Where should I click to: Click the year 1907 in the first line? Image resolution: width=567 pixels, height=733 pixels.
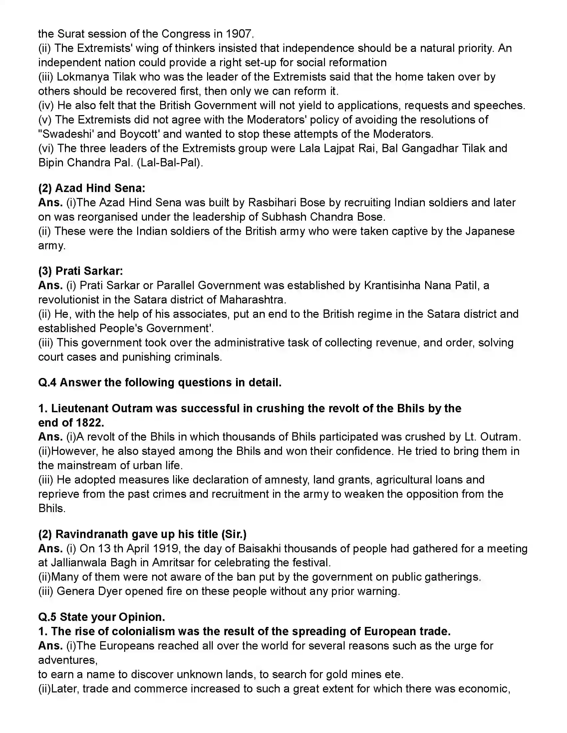pyautogui.click(x=238, y=34)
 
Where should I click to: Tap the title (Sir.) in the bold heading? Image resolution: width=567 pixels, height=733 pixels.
pyautogui.click(x=234, y=534)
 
